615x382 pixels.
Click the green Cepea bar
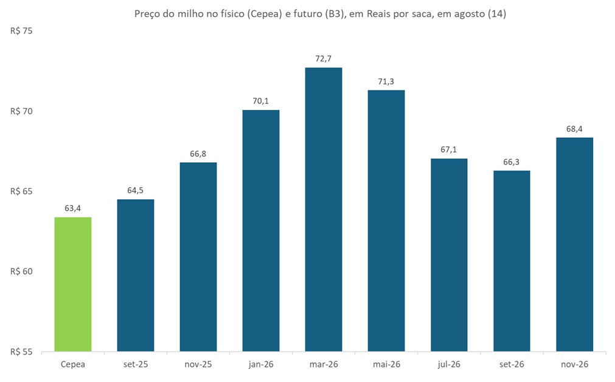click(x=73, y=284)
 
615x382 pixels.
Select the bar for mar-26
click(x=324, y=210)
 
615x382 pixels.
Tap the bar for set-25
click(x=136, y=275)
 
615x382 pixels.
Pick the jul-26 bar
click(x=449, y=255)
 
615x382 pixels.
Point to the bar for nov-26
click(x=574, y=245)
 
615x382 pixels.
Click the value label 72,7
click(x=324, y=58)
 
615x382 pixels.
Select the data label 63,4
click(x=73, y=208)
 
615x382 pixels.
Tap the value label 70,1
click(x=261, y=101)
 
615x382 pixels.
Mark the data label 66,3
click(x=512, y=162)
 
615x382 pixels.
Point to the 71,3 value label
click(x=386, y=81)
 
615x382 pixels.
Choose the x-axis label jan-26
click(x=261, y=364)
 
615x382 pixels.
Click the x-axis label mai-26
click(x=386, y=364)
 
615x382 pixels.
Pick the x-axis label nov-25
click(x=198, y=364)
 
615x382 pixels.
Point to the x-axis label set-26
click(x=512, y=364)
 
